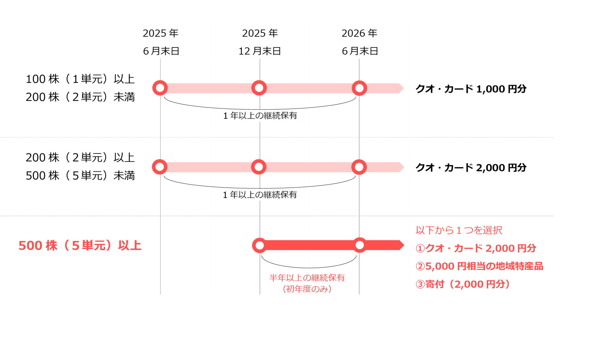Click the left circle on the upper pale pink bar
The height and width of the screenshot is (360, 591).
tap(160, 88)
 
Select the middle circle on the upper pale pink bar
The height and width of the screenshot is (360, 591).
tap(259, 88)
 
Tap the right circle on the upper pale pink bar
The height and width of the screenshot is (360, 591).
tap(359, 88)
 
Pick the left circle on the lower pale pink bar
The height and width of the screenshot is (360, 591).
tap(160, 167)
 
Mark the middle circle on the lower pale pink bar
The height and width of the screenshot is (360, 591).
tap(259, 167)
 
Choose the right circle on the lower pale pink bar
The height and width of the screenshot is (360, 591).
tap(359, 167)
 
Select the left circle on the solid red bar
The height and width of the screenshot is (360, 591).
tap(260, 245)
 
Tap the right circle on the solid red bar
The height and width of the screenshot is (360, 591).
tap(360, 245)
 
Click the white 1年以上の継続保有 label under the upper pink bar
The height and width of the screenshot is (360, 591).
tap(261, 116)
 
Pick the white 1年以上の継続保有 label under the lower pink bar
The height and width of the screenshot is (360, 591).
tap(261, 195)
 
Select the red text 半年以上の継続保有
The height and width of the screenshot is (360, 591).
tap(307, 278)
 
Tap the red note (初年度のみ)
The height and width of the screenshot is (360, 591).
tap(307, 289)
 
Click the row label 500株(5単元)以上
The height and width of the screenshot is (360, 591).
tap(80, 246)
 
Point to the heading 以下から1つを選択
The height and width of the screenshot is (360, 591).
tap(459, 230)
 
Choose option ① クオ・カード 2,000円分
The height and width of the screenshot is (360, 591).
tap(476, 248)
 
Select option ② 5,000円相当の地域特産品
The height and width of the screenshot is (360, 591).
tap(479, 266)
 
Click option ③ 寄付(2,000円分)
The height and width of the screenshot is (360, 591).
tap(463, 284)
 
